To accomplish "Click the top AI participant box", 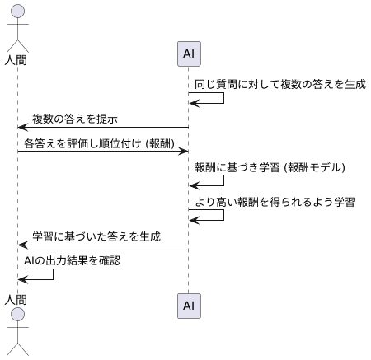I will coord(189,54).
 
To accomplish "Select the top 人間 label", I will coord(17,59).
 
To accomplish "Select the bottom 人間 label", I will coord(17,300).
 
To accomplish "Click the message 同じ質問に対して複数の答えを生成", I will coord(279,84).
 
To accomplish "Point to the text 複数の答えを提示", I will coord(80,119).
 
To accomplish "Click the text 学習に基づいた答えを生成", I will coord(96,237).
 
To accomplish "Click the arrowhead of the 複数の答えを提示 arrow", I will coord(22,128).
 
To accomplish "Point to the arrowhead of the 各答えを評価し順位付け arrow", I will coord(184,152).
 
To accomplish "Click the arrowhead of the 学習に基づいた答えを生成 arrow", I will coord(22,245).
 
